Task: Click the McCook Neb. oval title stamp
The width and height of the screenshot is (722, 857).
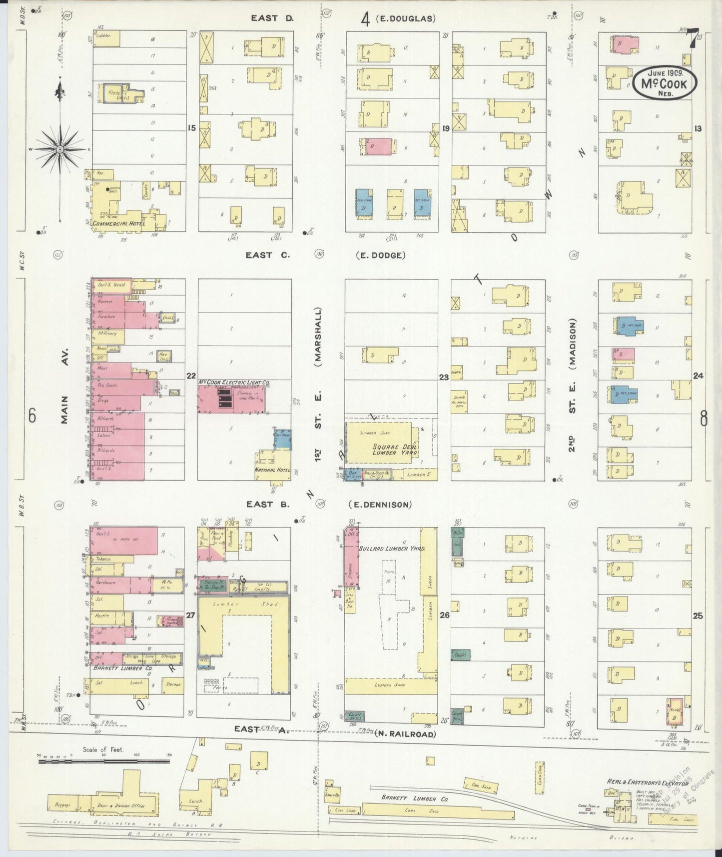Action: (x=665, y=83)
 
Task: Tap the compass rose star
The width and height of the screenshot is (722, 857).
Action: (x=59, y=149)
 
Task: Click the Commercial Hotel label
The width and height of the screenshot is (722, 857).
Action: (x=118, y=223)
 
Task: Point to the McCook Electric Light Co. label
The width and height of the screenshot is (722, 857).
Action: (x=234, y=382)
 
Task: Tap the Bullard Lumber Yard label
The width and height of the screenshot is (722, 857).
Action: (x=392, y=548)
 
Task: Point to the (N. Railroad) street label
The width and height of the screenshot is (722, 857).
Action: (x=405, y=734)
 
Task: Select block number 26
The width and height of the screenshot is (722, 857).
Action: (x=445, y=615)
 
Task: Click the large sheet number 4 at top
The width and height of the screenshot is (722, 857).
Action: (x=365, y=19)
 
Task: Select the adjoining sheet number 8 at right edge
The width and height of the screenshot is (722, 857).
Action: (x=704, y=417)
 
